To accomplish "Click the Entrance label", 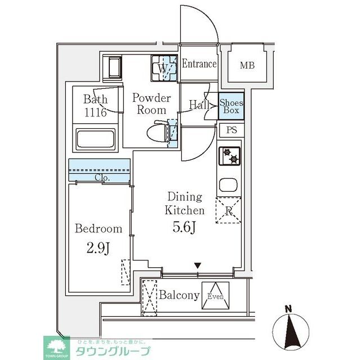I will (x=199, y=64).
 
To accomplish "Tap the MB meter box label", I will (x=247, y=65).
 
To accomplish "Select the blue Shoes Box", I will (x=231, y=106).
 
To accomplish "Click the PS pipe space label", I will (x=231, y=131).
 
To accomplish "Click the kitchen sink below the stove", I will (x=229, y=186).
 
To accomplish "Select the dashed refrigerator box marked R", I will (x=229, y=211).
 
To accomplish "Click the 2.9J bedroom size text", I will (x=99, y=248).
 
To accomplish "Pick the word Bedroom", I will (x=99, y=229).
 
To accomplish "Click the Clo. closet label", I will (x=101, y=178).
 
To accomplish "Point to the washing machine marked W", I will (x=163, y=69).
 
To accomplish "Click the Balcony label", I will (x=179, y=295).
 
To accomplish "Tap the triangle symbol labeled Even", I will (x=217, y=296).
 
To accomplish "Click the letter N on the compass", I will (x=288, y=309).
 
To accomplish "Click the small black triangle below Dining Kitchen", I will (x=198, y=265).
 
